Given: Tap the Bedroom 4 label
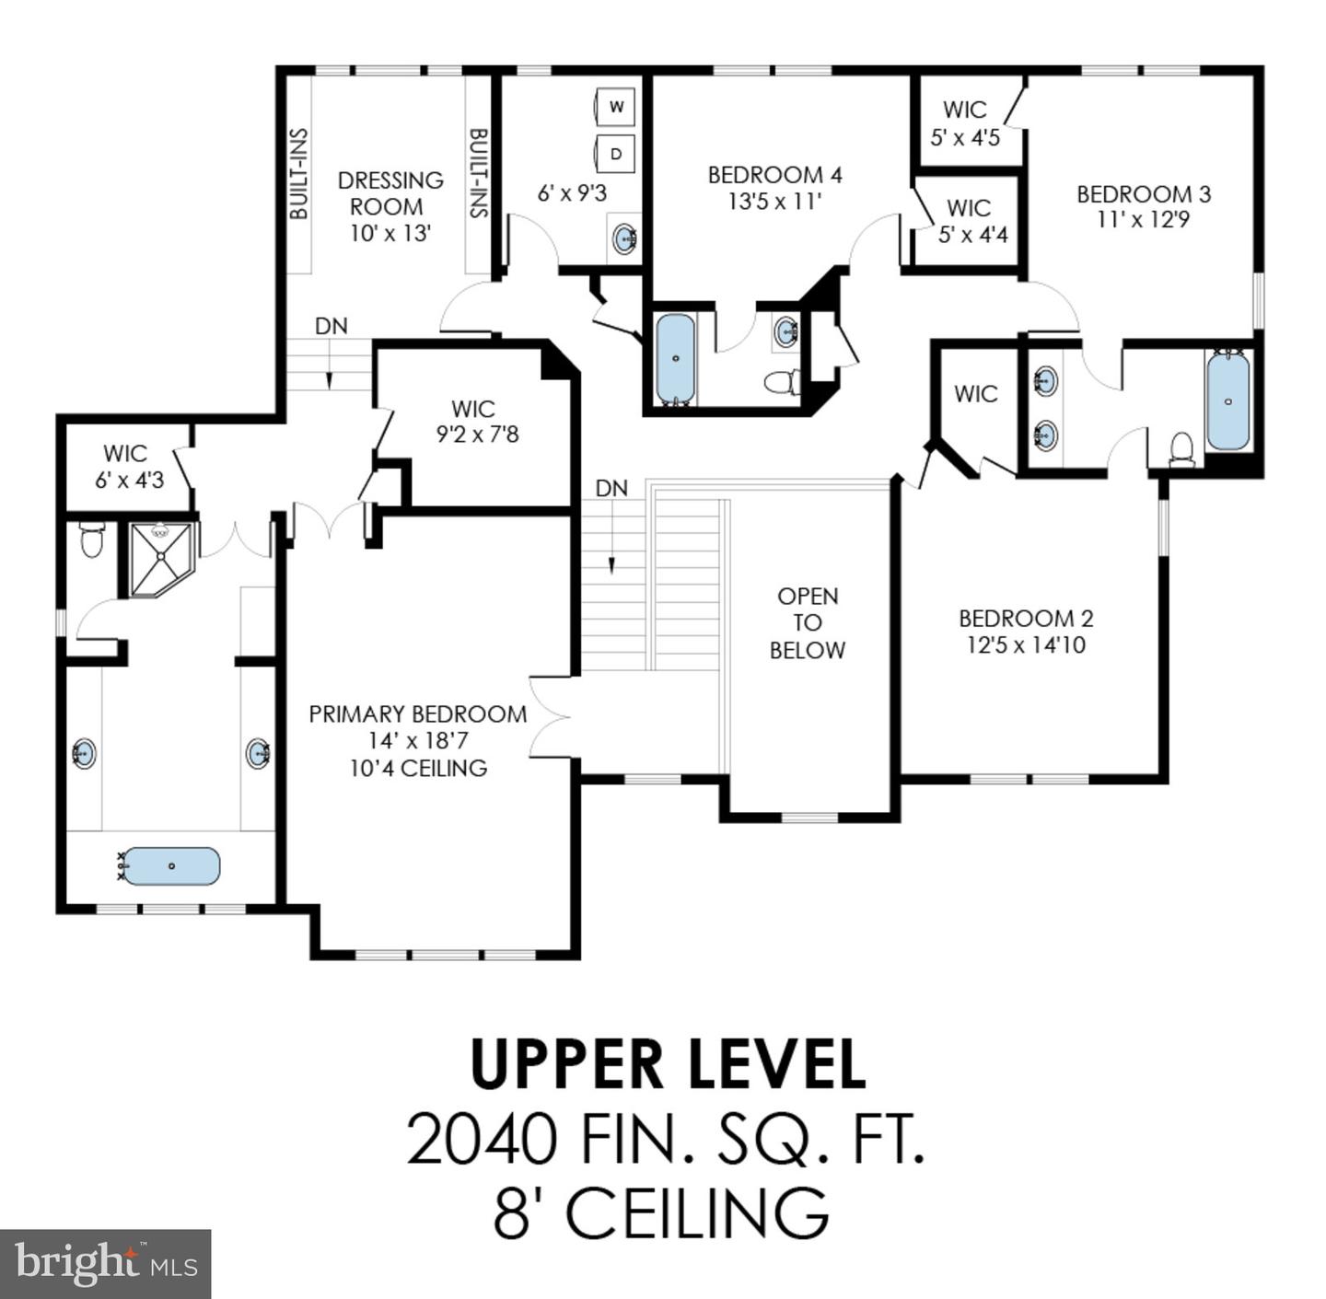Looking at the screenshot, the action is (x=774, y=175).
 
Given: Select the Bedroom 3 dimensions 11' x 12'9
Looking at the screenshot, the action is (x=1143, y=219).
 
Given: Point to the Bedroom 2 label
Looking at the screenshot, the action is (x=1026, y=619).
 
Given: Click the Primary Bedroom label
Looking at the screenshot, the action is (x=418, y=714).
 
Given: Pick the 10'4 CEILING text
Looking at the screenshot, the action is (x=418, y=768).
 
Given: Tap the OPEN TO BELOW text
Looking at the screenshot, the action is (x=808, y=622).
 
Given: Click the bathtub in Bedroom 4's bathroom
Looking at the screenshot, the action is (x=676, y=359).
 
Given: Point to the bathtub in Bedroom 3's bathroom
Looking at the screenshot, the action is (x=1228, y=400).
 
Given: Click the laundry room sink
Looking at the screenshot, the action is (x=625, y=238).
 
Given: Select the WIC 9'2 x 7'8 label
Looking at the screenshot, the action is (x=477, y=422).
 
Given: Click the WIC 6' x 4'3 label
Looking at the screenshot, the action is (x=129, y=467).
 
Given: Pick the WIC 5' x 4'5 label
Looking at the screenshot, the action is (x=965, y=123).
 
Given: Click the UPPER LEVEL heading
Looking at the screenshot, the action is (x=669, y=1064).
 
